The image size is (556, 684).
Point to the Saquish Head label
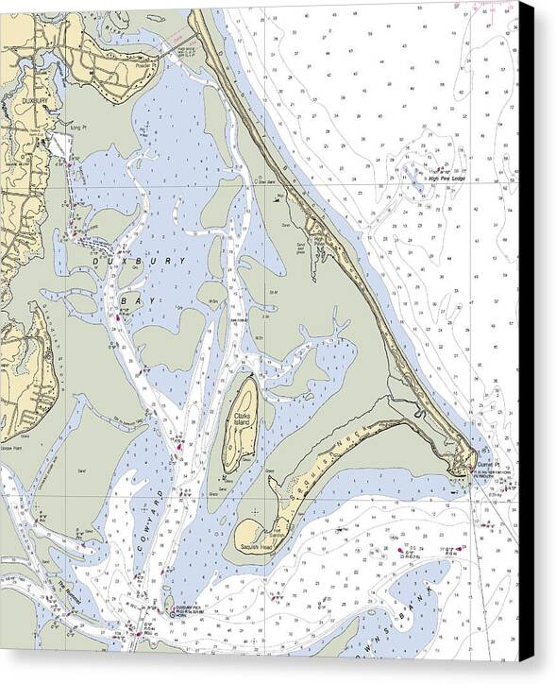(255, 547)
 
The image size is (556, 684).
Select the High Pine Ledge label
(448, 176)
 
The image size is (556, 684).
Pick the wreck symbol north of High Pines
(279, 197)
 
